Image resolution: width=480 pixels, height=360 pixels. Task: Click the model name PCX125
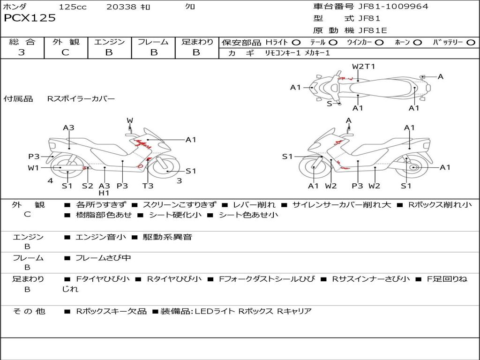[30, 18]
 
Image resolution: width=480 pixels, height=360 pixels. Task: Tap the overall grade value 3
[22, 52]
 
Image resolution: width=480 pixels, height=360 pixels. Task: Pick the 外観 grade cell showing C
[65, 52]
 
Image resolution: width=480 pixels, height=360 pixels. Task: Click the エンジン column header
[109, 42]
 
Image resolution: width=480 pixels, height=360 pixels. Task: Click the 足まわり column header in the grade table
[197, 42]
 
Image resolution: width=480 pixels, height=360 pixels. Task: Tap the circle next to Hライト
[296, 43]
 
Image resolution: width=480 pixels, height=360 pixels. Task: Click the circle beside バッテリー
[471, 43]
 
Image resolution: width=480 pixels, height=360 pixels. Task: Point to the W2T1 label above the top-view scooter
[363, 67]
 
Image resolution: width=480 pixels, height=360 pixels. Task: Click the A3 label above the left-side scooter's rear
[69, 127]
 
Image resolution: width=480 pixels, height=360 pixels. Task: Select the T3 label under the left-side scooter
[148, 186]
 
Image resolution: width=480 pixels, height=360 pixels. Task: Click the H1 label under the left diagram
[104, 193]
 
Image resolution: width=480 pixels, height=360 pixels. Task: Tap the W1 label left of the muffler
[33, 168]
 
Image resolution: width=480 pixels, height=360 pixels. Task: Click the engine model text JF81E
[372, 30]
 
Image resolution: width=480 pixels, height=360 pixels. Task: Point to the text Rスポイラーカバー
[81, 99]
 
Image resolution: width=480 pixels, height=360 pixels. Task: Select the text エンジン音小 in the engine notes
[100, 237]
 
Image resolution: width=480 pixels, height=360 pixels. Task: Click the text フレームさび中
[103, 258]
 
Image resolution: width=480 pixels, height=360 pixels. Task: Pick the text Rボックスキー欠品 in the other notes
[111, 311]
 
